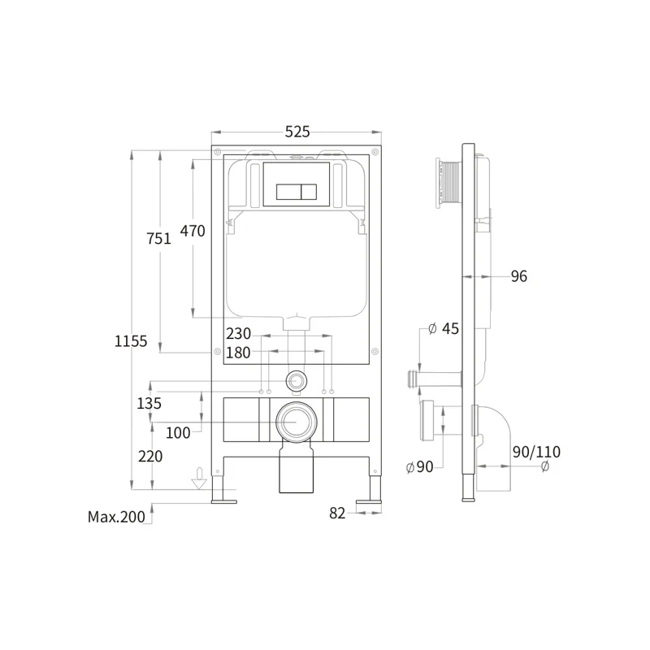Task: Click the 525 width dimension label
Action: click(297, 132)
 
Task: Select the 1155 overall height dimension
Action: click(131, 341)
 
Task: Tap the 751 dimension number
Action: click(158, 238)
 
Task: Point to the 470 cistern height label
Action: click(193, 231)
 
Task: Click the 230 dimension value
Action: click(238, 333)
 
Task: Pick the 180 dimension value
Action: click(238, 353)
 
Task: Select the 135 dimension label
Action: click(149, 403)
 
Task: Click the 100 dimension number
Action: click(178, 433)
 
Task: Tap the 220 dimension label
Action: click(150, 457)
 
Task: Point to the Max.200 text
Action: click(116, 517)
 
